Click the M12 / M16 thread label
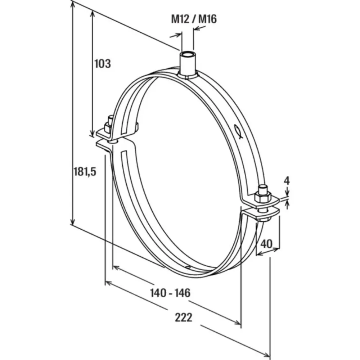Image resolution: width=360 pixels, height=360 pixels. (194, 19)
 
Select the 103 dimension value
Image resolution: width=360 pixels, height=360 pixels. (102, 64)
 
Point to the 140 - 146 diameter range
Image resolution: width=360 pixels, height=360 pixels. (170, 293)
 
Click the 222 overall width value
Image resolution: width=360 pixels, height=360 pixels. (184, 318)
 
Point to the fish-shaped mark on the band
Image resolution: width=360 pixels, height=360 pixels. (237, 132)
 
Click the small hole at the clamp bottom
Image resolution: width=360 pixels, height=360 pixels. (188, 267)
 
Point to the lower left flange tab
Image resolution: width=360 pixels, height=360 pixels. (104, 144)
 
